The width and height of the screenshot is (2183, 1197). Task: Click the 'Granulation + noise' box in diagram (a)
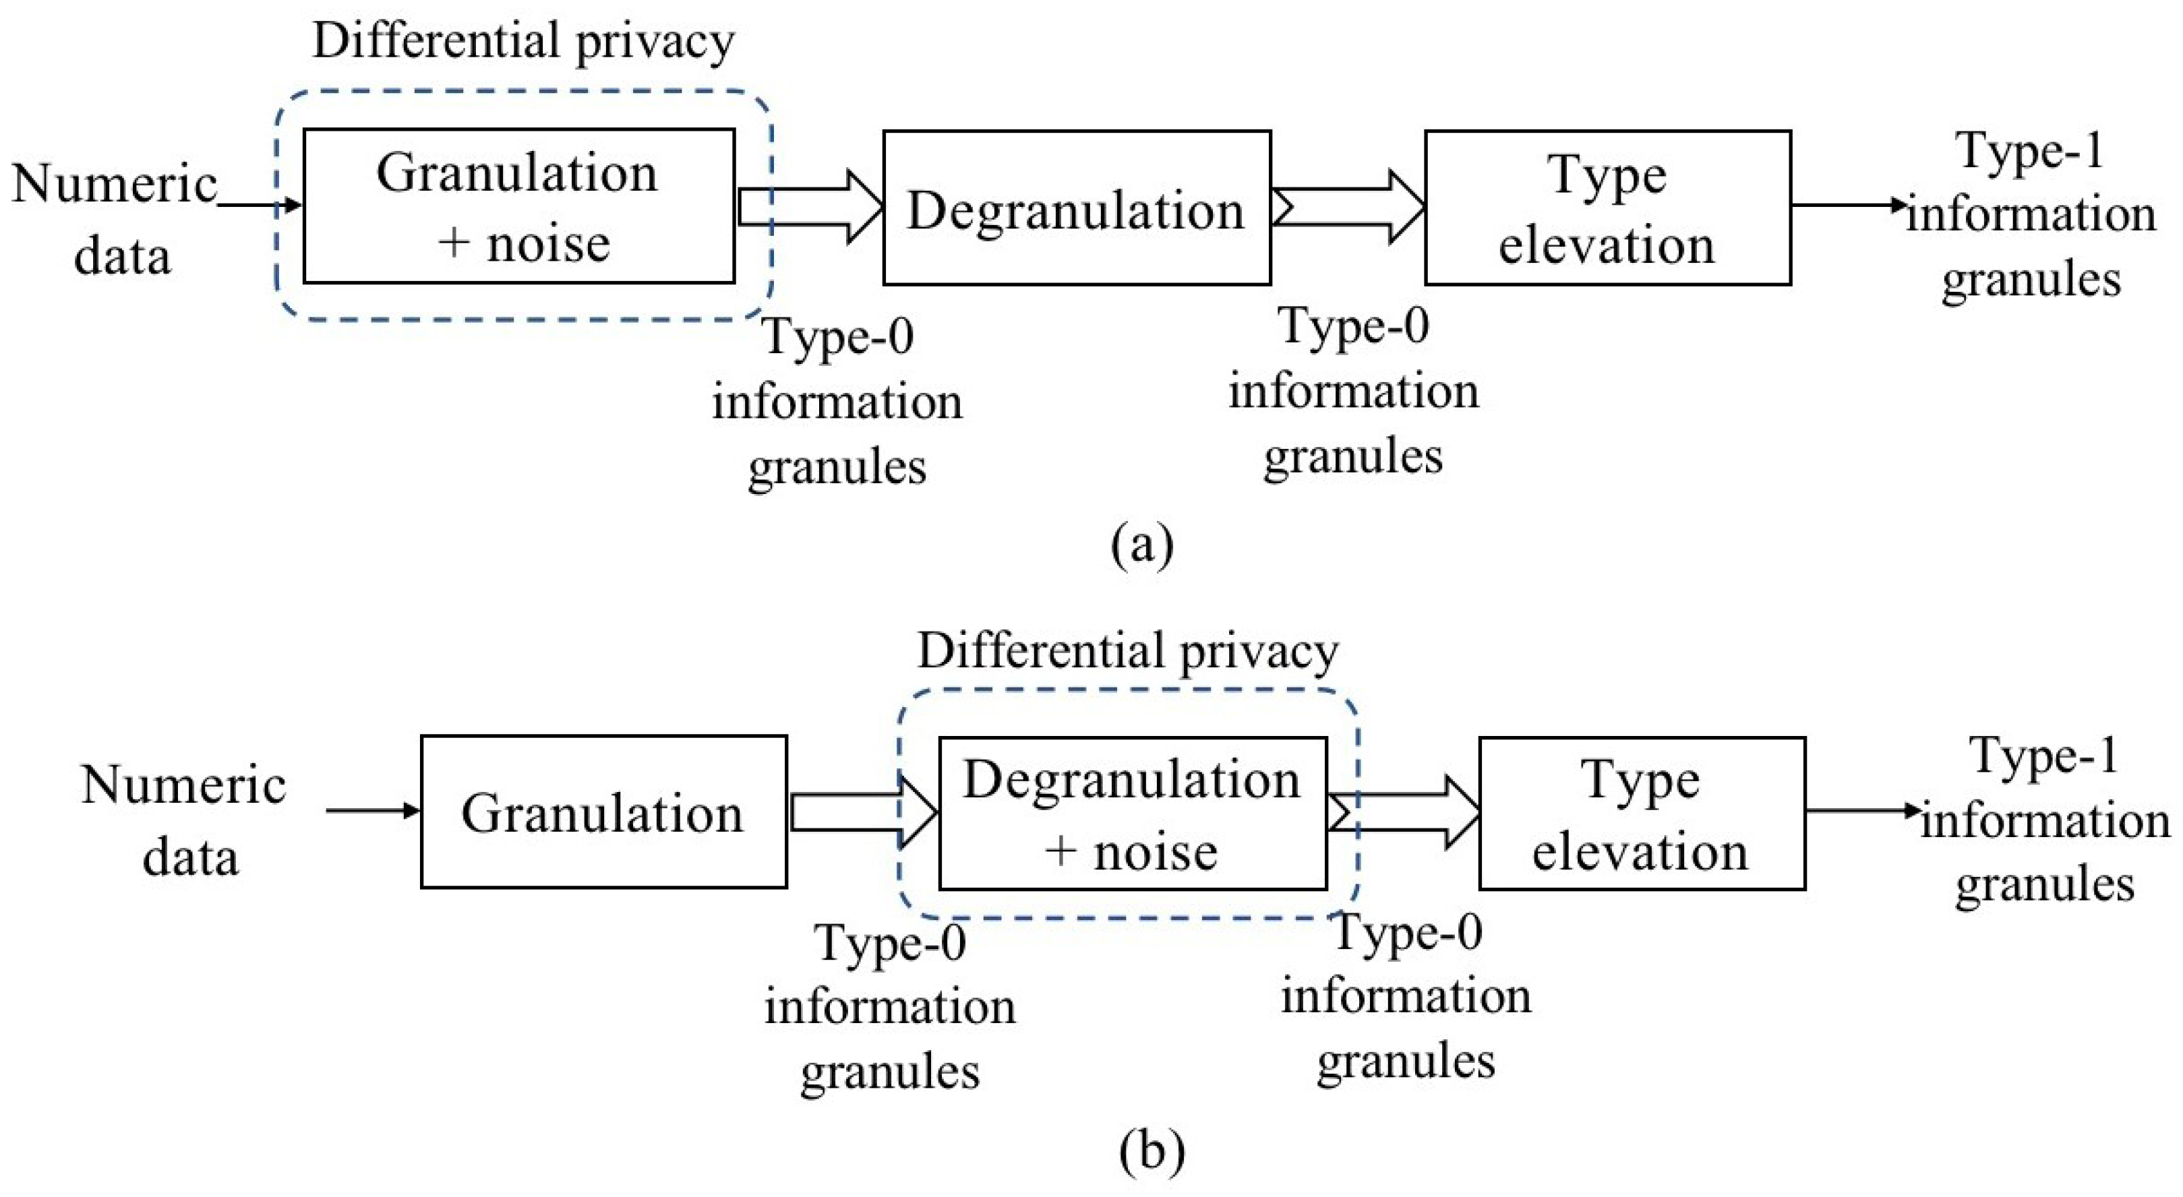pos(518,206)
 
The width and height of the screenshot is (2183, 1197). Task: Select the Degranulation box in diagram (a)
pos(1076,208)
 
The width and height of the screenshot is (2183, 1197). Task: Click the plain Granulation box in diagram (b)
pos(603,811)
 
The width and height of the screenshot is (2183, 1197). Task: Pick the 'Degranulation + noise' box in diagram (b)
pos(1132,814)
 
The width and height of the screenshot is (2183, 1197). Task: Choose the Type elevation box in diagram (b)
pos(1642,814)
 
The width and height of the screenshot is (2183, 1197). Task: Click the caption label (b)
pos(1150,1150)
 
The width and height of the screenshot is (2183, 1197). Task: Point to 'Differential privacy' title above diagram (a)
pos(523,40)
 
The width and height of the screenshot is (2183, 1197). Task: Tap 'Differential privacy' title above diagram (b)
pos(1127,650)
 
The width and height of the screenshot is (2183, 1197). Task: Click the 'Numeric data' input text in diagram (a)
pos(116,218)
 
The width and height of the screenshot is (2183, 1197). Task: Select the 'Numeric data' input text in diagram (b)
pos(185,819)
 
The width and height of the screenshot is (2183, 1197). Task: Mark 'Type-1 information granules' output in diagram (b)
pos(2044,820)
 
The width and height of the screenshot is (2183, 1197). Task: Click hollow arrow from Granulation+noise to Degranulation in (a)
pos(809,208)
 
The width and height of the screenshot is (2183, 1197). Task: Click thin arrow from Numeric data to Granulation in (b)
pos(373,811)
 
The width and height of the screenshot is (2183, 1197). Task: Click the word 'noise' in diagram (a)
pos(548,244)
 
